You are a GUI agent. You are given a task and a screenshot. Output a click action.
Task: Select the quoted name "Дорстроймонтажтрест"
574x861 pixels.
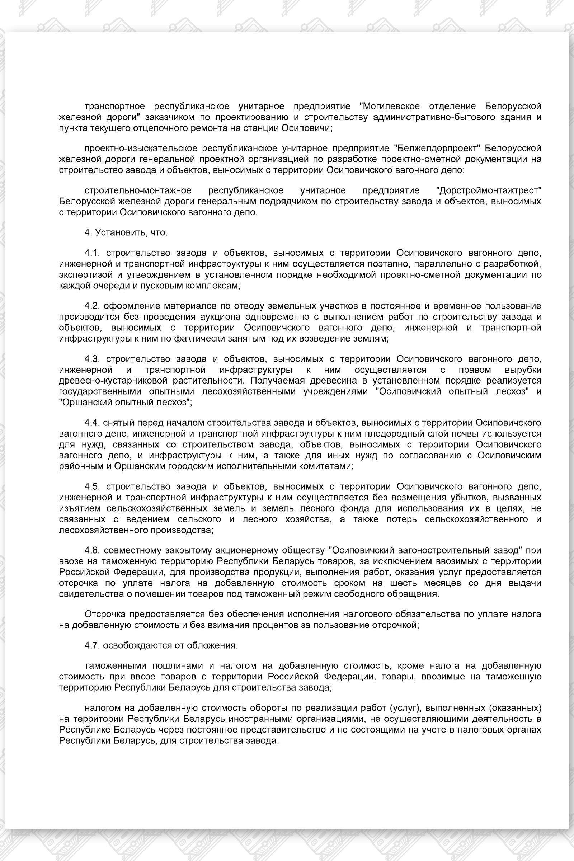[489, 190]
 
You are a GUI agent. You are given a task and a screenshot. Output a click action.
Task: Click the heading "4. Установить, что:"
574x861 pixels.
[126, 232]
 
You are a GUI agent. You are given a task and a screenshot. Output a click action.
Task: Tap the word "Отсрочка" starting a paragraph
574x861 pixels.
[106, 614]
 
